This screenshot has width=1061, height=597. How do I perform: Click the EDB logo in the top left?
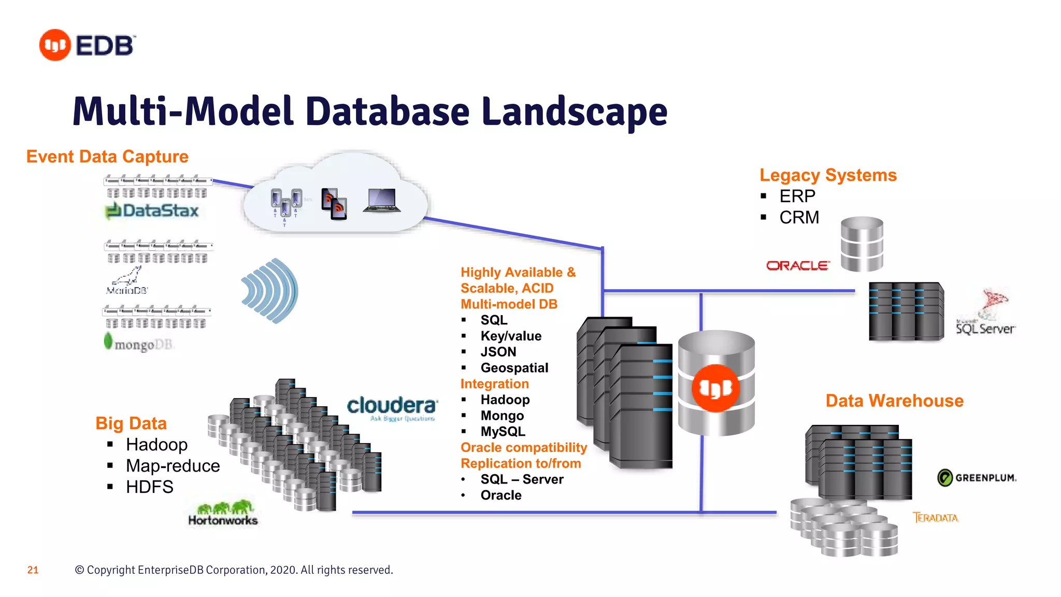click(87, 45)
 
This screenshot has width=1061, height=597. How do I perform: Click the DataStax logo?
click(152, 211)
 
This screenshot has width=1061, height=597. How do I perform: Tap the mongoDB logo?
click(139, 344)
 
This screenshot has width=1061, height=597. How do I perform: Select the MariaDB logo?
click(127, 282)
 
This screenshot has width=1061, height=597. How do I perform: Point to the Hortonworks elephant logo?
click(223, 514)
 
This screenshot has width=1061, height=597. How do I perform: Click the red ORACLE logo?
click(797, 266)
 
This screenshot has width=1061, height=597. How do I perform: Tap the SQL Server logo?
click(986, 313)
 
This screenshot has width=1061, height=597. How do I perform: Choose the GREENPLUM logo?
click(977, 477)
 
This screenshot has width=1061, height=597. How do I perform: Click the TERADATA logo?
click(935, 517)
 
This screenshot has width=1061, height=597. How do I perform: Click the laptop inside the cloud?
click(382, 201)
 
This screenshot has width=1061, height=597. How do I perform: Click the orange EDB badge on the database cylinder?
click(715, 388)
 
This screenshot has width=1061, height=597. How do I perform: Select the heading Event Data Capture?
click(107, 157)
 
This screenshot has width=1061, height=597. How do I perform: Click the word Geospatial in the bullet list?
click(514, 368)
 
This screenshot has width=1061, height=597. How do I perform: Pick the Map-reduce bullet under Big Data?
click(173, 466)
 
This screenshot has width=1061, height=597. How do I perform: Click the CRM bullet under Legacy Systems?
click(799, 218)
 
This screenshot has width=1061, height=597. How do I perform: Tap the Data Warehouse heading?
click(894, 401)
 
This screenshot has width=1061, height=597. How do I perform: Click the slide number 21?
click(33, 570)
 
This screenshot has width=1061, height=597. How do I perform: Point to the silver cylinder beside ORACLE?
click(862, 244)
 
